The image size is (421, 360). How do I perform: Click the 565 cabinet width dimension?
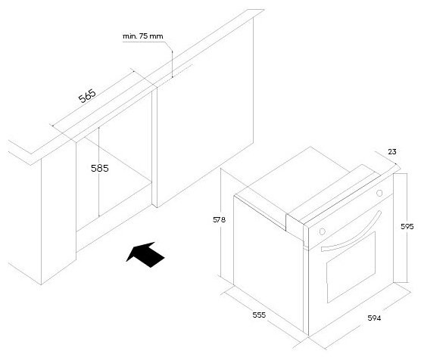click(87, 96)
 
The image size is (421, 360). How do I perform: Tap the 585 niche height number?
click(100, 168)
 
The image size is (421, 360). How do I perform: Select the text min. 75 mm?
click(142, 36)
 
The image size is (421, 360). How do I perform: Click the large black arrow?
click(145, 255)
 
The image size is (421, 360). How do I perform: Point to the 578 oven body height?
click(219, 219)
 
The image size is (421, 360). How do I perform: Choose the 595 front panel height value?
click(407, 227)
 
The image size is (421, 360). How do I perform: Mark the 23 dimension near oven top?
click(392, 152)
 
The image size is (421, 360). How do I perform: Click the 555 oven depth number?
click(259, 315)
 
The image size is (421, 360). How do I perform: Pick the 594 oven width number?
click(374, 318)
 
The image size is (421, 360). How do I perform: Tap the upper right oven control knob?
click(379, 193)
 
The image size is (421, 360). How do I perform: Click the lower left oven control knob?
click(323, 231)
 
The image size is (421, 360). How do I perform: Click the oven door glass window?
click(351, 268)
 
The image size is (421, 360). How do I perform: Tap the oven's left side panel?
click(269, 264)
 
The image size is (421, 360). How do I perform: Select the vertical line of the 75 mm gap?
click(172, 64)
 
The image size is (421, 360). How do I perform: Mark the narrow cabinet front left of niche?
click(58, 215)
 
